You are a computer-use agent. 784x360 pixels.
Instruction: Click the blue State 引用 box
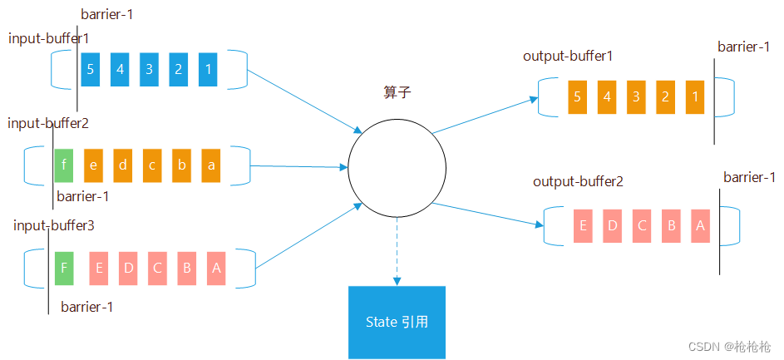point(397,322)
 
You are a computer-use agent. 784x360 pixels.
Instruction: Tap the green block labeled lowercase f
point(64,165)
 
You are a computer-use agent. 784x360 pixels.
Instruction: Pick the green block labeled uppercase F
point(64,268)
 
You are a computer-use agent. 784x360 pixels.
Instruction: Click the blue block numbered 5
point(91,69)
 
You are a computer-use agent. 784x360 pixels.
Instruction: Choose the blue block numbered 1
point(208,69)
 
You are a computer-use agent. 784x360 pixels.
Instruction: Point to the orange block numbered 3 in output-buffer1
point(636,96)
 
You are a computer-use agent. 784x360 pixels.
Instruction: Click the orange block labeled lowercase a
point(211,165)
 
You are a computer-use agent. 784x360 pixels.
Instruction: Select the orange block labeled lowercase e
point(93,165)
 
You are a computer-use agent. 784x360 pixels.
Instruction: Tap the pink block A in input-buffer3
point(216,268)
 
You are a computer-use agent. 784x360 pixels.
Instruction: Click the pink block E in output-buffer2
point(583,225)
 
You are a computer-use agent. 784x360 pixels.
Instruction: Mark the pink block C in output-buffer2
point(642,225)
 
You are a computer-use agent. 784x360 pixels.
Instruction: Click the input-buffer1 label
point(48,38)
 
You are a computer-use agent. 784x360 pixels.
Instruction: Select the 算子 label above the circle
point(397,92)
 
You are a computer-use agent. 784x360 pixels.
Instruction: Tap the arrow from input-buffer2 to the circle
point(299,166)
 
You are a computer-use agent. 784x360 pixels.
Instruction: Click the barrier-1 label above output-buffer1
point(743,47)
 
